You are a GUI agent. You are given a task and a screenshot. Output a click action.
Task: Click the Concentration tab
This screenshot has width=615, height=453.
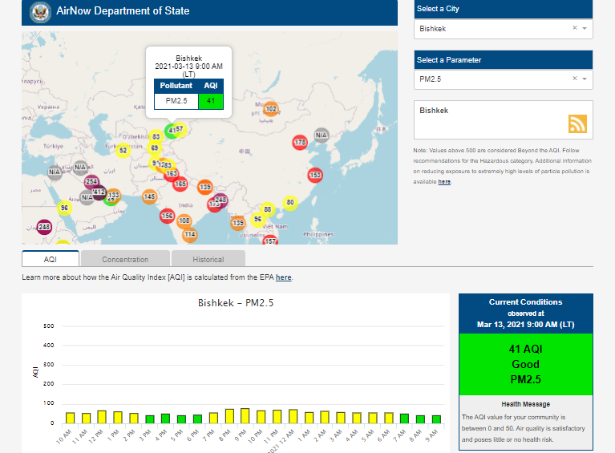[x=125, y=259]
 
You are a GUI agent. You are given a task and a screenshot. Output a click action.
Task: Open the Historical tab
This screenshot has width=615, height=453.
[x=208, y=259]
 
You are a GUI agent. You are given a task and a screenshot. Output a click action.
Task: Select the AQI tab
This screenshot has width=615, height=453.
[x=51, y=259]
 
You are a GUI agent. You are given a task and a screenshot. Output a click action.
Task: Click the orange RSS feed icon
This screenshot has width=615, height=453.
[x=577, y=123]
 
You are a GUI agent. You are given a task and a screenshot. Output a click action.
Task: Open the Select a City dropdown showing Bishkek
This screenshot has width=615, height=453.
[x=503, y=28]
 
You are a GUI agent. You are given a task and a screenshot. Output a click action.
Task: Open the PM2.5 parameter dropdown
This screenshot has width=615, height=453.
[x=503, y=79]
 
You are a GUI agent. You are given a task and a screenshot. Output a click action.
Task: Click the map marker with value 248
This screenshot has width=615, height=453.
[x=43, y=227]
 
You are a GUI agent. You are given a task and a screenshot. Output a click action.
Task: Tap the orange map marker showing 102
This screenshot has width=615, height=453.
[x=271, y=109]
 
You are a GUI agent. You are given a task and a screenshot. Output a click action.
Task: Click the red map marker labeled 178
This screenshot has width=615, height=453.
[x=300, y=142]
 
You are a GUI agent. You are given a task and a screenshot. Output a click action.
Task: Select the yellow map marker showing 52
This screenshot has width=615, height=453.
[x=123, y=150]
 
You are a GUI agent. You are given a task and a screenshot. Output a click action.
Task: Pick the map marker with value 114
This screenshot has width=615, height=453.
[x=189, y=234]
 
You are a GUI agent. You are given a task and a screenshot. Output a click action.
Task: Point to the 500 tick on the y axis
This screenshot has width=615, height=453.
[x=49, y=326]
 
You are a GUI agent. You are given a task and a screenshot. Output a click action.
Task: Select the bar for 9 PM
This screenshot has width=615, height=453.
[x=245, y=415]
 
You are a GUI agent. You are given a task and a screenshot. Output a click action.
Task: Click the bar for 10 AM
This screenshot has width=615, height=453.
[x=70, y=418]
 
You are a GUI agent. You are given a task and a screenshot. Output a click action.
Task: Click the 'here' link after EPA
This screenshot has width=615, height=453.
[x=283, y=277]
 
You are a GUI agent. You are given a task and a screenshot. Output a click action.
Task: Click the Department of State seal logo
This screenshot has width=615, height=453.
[x=38, y=12]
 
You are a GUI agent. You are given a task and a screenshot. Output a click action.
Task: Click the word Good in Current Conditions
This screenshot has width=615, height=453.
[x=525, y=364]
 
